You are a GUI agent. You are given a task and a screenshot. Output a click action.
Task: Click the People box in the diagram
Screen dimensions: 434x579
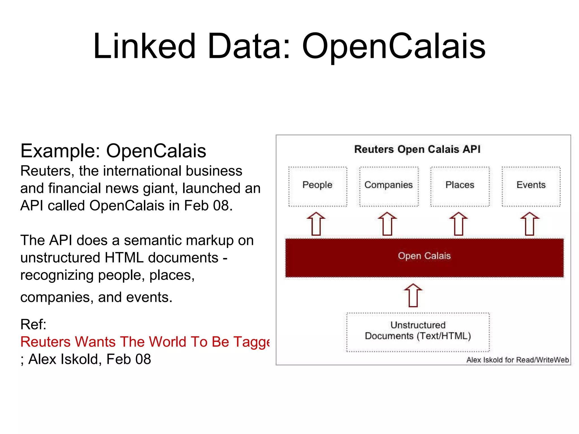317,186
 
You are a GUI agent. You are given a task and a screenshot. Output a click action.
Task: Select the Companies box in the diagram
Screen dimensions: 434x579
389,186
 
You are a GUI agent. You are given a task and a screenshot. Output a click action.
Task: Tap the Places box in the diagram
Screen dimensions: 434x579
460,186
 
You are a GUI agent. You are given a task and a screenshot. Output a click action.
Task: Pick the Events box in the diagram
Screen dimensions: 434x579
531,186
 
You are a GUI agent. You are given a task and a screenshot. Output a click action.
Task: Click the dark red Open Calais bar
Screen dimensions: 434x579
424,257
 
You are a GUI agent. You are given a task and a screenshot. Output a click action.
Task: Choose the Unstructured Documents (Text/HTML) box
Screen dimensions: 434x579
418,332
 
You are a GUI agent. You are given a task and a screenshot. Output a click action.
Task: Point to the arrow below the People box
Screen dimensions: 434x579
316,224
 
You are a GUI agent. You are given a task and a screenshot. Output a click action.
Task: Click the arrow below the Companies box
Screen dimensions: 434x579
387,224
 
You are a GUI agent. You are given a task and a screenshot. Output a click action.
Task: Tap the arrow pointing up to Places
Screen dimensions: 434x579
459,224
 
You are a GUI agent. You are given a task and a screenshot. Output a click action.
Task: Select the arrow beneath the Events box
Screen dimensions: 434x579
530,224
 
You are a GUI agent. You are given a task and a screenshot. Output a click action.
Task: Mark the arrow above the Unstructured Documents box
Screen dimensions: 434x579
413,295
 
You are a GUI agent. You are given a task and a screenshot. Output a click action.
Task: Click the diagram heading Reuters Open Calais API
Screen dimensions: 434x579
417,149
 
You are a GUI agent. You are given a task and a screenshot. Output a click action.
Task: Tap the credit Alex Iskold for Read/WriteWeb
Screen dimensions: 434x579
517,360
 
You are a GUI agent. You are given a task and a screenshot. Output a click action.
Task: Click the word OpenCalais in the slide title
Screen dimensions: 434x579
394,46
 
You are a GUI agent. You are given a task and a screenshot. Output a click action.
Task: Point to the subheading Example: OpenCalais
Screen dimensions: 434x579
113,151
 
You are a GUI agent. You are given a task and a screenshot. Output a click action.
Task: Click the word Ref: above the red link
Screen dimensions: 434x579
33,324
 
